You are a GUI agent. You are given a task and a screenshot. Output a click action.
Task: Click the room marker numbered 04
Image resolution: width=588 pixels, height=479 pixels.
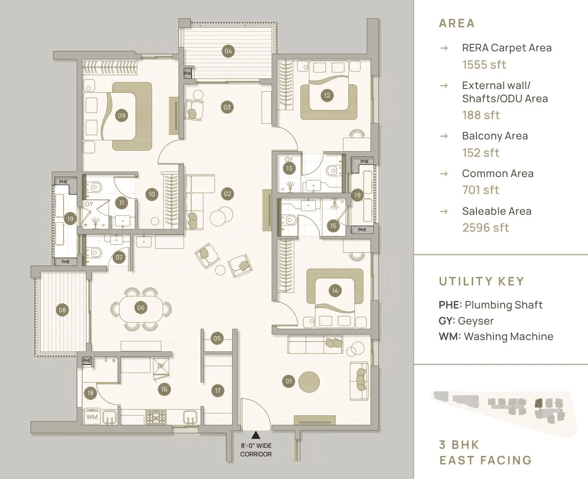228,51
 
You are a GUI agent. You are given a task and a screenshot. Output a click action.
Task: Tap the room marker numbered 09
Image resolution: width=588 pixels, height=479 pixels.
122,115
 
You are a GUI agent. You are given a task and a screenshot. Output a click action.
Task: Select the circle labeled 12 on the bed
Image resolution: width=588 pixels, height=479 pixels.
327,95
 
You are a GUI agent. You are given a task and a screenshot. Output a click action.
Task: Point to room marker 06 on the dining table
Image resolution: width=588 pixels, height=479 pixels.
141,308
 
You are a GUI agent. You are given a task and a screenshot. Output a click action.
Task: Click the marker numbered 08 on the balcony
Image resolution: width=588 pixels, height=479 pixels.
62,309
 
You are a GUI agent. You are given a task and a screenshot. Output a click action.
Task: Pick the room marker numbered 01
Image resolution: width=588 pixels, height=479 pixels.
289,382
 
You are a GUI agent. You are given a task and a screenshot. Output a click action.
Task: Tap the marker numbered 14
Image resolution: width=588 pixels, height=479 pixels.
335,291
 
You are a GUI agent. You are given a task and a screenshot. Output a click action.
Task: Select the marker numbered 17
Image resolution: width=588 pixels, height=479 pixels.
217,390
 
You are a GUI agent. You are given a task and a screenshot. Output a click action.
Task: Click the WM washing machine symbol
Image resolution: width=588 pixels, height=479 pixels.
92,417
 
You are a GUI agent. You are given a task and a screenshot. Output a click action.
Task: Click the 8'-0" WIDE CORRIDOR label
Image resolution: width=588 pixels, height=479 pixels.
256,450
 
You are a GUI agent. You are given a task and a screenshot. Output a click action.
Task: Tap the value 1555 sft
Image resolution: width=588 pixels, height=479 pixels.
484,65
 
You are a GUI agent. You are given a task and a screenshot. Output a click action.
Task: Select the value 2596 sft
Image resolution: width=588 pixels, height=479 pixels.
485,227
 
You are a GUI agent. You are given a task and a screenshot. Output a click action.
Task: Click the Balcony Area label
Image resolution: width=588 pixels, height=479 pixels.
495,136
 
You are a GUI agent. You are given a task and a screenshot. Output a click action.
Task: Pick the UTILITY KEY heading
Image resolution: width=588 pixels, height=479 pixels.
481,281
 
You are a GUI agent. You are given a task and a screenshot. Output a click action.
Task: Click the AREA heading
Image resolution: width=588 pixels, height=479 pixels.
457,23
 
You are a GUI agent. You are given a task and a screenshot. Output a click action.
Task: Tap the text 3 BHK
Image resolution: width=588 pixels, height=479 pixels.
459,445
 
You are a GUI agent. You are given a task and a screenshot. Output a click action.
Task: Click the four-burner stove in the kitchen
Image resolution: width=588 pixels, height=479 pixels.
155,417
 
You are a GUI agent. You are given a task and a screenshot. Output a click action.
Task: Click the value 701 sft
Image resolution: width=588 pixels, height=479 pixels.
481,190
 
